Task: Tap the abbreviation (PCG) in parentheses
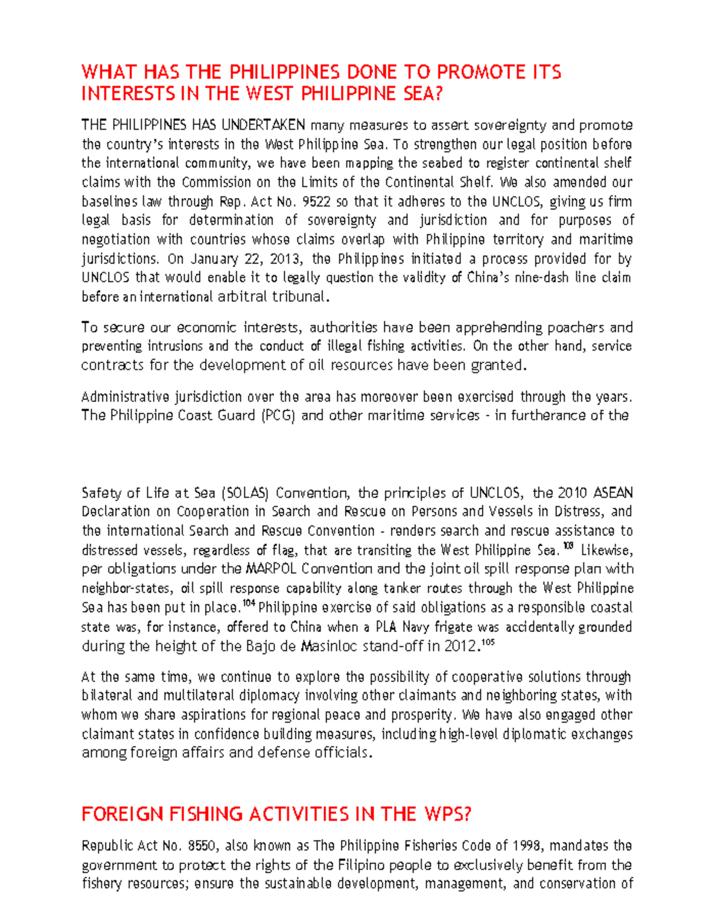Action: tap(278, 416)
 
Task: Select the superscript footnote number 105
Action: tap(488, 643)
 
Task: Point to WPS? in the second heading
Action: tap(447, 814)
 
